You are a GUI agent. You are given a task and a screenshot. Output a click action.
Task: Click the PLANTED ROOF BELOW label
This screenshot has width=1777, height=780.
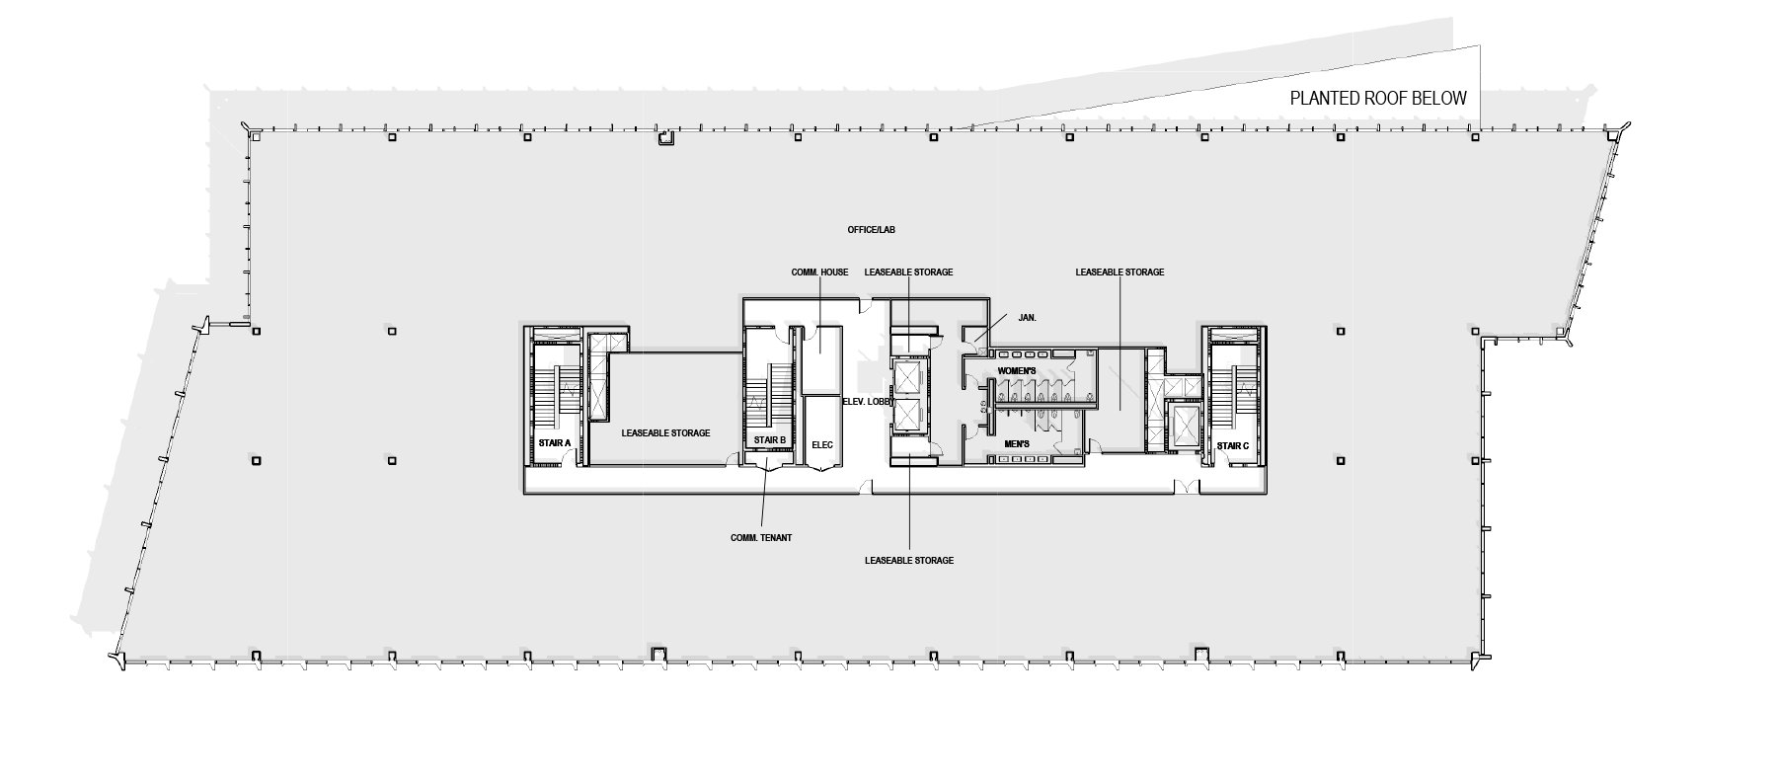click(x=1378, y=99)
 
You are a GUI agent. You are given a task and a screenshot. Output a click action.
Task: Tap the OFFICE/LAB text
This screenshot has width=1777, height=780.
click(x=871, y=230)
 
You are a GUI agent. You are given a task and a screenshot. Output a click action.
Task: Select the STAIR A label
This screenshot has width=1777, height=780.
click(x=555, y=443)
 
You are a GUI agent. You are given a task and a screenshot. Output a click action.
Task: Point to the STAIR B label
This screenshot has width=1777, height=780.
click(x=769, y=440)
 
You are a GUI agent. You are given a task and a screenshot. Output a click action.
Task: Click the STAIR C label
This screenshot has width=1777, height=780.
click(x=1232, y=446)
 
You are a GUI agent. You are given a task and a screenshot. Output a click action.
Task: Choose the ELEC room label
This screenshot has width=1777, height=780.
click(x=821, y=445)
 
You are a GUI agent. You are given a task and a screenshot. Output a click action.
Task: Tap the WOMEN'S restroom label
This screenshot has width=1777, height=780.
click(x=1016, y=371)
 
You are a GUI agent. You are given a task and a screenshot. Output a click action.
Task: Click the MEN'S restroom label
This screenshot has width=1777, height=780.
click(x=1017, y=445)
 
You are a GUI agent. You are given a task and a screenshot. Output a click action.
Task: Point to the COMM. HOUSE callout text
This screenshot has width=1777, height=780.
click(x=819, y=273)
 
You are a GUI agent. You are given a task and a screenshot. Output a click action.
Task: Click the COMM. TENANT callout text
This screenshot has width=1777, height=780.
click(x=761, y=538)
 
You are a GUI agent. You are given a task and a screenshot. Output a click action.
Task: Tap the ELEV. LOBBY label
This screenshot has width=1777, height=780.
click(x=867, y=402)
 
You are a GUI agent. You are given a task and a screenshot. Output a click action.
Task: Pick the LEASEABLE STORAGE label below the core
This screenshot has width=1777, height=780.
click(x=908, y=561)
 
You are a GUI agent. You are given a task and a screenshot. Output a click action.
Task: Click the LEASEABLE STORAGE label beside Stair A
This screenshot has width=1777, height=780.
click(x=665, y=433)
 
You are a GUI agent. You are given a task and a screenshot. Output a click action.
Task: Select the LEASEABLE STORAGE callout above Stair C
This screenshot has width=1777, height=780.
click(x=1120, y=273)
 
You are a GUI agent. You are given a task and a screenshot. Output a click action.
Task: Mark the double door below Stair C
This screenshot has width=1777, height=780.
click(x=1187, y=486)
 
